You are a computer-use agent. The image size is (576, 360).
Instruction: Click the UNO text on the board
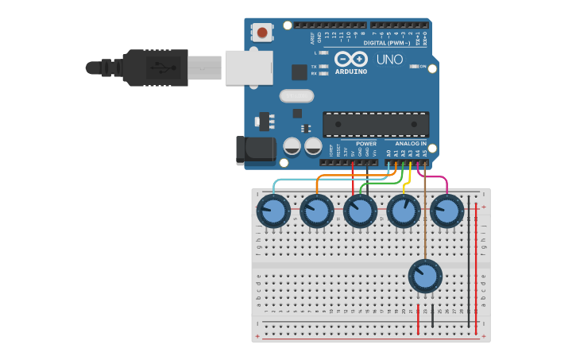coord(389,60)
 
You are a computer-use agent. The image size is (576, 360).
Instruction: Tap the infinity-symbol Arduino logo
coord(351,60)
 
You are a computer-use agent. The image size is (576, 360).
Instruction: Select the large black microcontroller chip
coord(375,124)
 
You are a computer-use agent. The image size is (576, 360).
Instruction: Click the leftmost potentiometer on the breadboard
coord(273,211)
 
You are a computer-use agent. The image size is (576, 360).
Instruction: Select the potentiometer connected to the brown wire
coord(424,276)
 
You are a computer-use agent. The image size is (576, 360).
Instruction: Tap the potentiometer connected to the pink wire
coord(446,211)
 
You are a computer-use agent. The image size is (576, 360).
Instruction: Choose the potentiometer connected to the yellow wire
coord(404,211)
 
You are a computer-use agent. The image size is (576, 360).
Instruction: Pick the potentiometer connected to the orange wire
coord(317,211)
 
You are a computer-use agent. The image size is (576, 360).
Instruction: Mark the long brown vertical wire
coord(426,215)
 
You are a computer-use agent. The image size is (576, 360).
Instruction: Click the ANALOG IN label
coord(411,144)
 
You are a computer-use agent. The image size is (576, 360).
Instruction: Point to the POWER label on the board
coord(366,144)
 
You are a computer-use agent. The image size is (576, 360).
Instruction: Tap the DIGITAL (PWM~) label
coord(387,42)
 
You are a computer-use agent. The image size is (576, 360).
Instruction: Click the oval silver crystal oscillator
coord(296,96)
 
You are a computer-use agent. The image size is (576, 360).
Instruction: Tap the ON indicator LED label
coord(423,67)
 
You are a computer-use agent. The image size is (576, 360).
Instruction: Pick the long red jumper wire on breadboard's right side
coord(476,262)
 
